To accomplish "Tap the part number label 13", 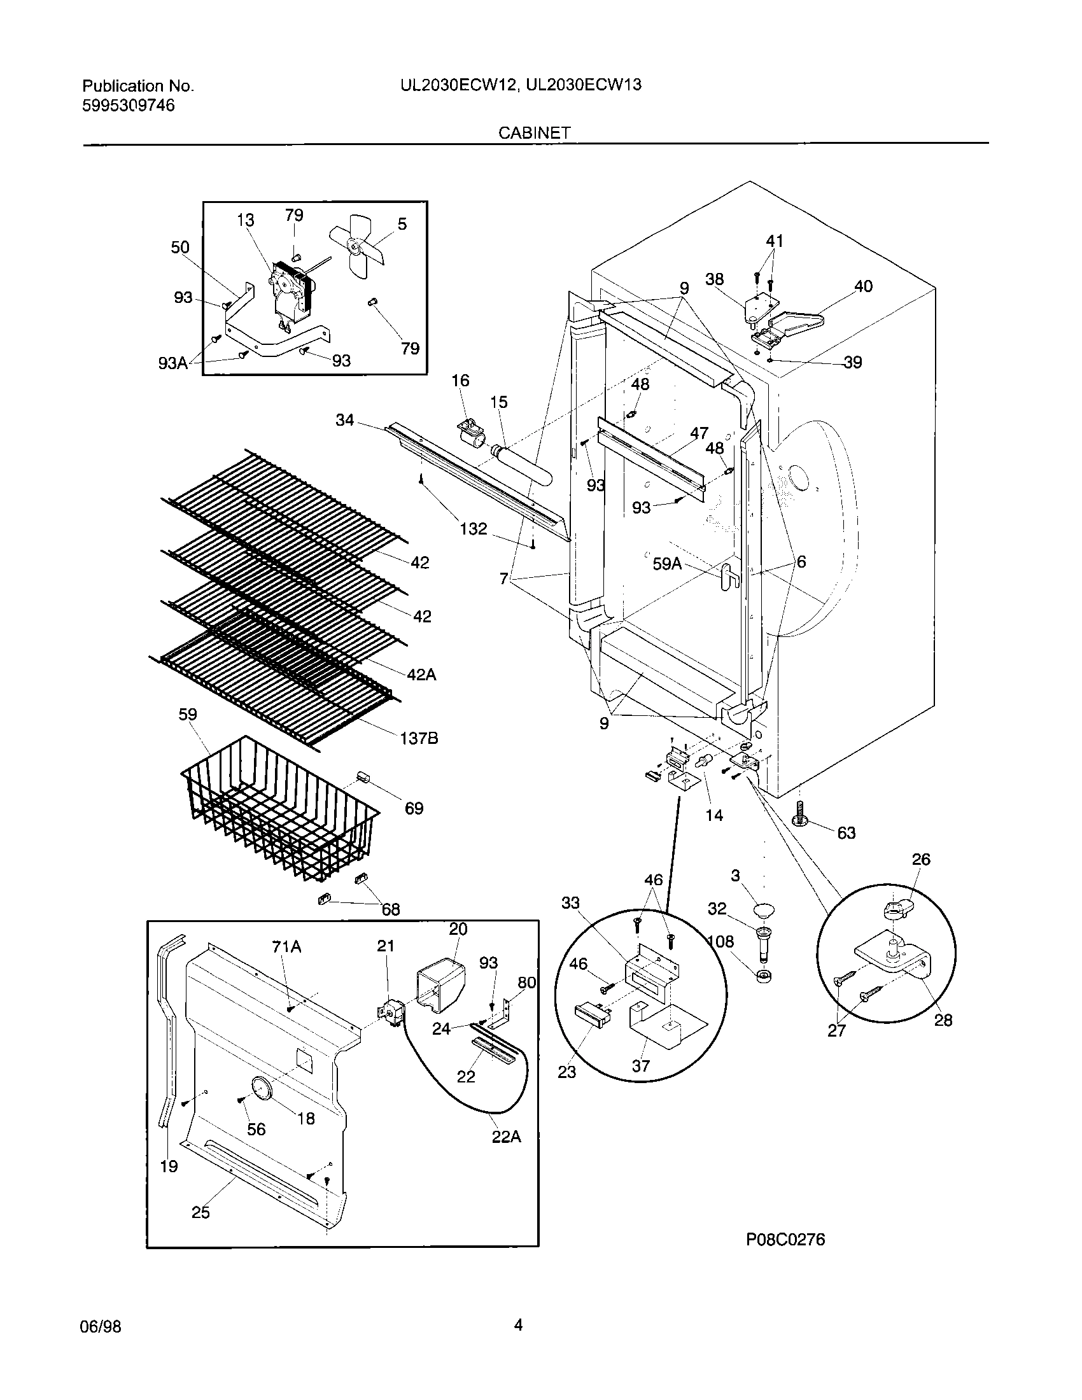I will pyautogui.click(x=245, y=220).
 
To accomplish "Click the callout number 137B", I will pyautogui.click(x=419, y=738).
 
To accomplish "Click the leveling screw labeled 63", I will pyautogui.click(x=801, y=814).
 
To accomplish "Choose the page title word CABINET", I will pyautogui.click(x=535, y=133).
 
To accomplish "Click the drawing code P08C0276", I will pyautogui.click(x=785, y=1240).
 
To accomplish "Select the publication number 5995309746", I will pyautogui.click(x=128, y=106).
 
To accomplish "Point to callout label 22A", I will pyautogui.click(x=506, y=1137).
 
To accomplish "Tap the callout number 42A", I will pyautogui.click(x=421, y=675).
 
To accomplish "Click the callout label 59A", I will pyautogui.click(x=667, y=563).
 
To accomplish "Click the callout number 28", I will pyautogui.click(x=943, y=1020).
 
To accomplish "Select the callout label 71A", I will pyautogui.click(x=286, y=946).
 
